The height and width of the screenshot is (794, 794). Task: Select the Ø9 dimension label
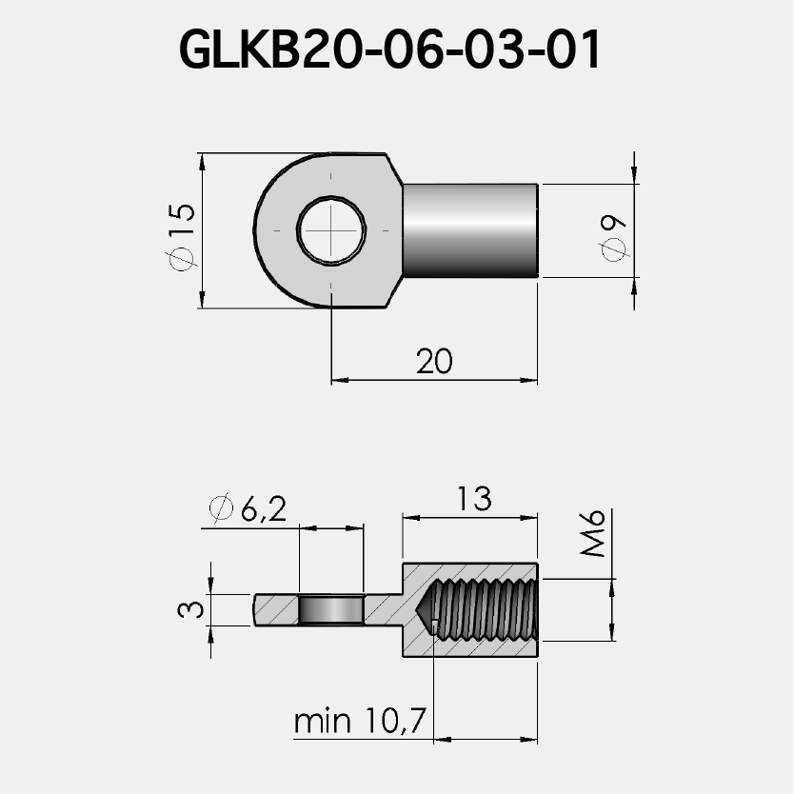click(613, 236)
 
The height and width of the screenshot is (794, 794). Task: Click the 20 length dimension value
click(435, 361)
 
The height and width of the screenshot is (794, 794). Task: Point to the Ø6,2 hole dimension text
click(247, 509)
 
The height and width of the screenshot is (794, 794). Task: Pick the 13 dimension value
click(472, 498)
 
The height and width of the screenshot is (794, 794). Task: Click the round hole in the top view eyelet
click(330, 230)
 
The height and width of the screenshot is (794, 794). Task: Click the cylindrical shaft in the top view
click(470, 230)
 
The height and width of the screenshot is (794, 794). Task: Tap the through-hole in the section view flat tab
click(331, 609)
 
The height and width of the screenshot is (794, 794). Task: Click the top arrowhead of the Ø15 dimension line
click(202, 158)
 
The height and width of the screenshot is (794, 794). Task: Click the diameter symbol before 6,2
click(220, 509)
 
